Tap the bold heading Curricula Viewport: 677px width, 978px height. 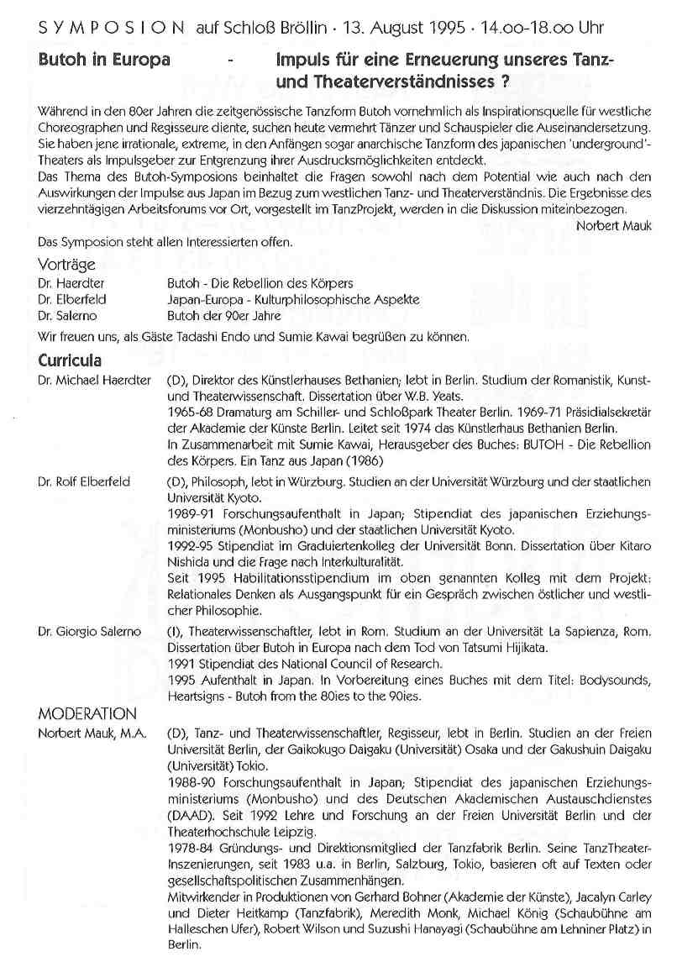pos(71,360)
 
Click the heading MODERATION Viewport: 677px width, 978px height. pos(88,714)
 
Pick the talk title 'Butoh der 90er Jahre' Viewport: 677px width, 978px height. pos(225,316)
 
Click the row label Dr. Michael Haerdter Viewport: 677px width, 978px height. pos(94,381)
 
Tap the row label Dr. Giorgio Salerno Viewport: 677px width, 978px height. pos(90,630)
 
